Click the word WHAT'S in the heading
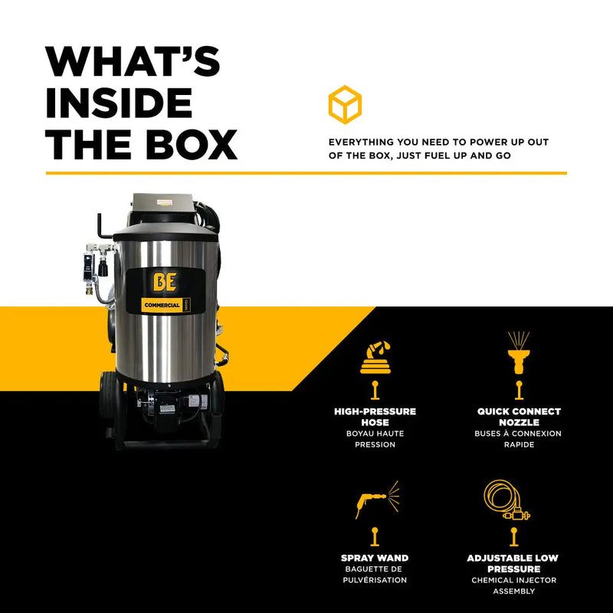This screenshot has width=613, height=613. [133, 61]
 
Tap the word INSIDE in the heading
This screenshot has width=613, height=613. [119, 103]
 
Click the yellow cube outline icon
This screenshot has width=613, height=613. [345, 104]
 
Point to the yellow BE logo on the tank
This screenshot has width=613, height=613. [165, 282]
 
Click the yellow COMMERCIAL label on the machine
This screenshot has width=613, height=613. [162, 305]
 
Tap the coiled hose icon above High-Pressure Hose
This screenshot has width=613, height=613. [375, 357]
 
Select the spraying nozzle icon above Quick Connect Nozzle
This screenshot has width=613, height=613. [519, 352]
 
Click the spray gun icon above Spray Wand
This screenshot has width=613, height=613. [377, 500]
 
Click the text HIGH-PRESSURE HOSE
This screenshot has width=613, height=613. [375, 417]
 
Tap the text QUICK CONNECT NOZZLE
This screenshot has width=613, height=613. [519, 417]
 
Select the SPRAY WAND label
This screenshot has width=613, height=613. [375, 558]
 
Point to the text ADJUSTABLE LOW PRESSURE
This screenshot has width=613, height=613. [513, 563]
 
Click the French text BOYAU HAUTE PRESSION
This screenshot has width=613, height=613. [375, 439]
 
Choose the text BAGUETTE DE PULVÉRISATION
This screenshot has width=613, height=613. [375, 575]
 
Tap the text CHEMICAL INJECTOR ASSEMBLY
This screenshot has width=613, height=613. [513, 585]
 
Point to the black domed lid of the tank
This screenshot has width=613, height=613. [166, 233]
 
